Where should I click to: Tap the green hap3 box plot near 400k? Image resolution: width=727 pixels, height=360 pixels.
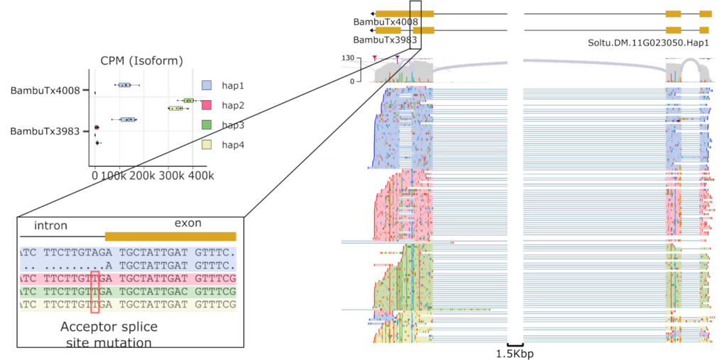click(188, 101)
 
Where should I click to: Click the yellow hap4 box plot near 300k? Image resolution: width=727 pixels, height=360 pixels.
click(175, 109)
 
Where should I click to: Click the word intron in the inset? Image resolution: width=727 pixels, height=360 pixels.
click(50, 226)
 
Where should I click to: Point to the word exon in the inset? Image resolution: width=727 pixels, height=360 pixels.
click(187, 223)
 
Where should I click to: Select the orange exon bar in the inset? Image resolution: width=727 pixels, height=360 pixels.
click(170, 236)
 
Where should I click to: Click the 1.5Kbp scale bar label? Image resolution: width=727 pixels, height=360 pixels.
click(515, 353)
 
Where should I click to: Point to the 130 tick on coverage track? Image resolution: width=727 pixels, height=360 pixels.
click(347, 57)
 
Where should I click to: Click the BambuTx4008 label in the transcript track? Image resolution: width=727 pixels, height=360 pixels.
click(386, 22)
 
